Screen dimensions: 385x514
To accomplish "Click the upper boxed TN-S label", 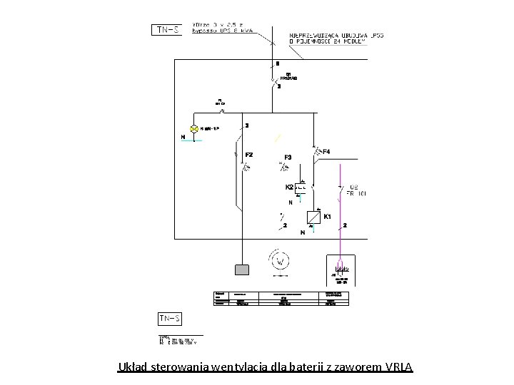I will tap(168, 30).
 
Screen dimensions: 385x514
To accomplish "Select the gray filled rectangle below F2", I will tap(243, 269).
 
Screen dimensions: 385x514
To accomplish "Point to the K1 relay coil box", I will tap(313, 216).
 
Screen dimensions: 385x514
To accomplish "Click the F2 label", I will tap(249, 155).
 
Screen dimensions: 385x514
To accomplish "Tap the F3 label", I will tap(288, 157).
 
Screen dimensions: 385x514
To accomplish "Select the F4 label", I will tap(326, 151).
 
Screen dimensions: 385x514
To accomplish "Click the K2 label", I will tap(289, 187).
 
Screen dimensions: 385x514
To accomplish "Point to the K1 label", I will tap(328, 216).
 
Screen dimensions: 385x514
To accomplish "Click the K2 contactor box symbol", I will tap(302, 188).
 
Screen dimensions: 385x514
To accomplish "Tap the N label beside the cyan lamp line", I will tap(183, 137).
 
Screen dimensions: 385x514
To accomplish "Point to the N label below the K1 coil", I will tap(303, 232).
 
